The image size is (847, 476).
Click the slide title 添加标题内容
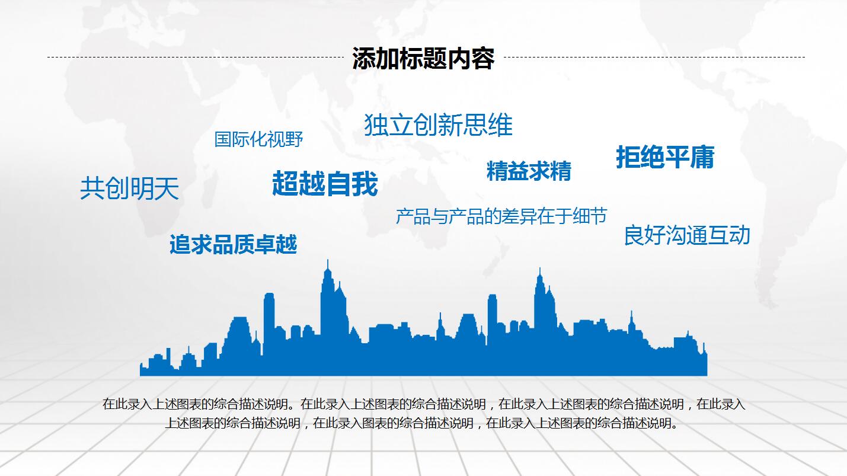(x=423, y=59)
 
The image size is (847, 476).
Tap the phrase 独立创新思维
(x=438, y=124)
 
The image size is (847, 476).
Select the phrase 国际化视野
(x=258, y=139)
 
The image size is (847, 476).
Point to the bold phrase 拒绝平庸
(x=665, y=157)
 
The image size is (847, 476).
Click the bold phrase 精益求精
(x=529, y=171)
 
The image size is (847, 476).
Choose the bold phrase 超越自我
(x=325, y=183)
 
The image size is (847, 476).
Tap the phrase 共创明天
(x=129, y=189)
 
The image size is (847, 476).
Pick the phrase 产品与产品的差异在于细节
(x=501, y=216)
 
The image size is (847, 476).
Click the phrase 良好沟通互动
(x=687, y=235)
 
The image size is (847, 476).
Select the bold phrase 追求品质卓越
(x=234, y=244)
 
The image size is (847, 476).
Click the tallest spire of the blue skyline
(x=327, y=260)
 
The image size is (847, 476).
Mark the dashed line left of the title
(x=196, y=57)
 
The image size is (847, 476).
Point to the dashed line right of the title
(x=654, y=57)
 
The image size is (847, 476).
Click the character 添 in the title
(x=364, y=59)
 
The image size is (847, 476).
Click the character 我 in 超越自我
(x=365, y=183)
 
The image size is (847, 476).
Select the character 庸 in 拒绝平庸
(x=702, y=157)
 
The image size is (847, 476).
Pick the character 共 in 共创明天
(x=92, y=189)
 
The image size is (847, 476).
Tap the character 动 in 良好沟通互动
(x=740, y=235)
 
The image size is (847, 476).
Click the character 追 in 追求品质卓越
(x=180, y=244)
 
